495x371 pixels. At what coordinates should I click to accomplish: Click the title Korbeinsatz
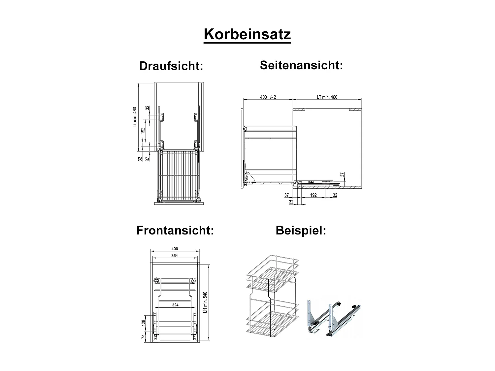click(x=247, y=35)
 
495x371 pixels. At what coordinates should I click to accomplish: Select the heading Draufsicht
click(x=171, y=66)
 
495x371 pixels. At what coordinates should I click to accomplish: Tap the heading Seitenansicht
click(x=301, y=65)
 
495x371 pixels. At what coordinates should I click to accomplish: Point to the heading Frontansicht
click(x=175, y=230)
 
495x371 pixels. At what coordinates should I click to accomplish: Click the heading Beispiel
click(x=301, y=230)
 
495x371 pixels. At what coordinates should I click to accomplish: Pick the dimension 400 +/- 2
click(x=268, y=97)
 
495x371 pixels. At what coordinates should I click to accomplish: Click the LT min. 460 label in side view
click(x=327, y=97)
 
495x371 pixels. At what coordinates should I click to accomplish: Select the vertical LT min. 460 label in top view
click(x=135, y=117)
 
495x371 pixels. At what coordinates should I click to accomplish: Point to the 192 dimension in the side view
click(x=313, y=195)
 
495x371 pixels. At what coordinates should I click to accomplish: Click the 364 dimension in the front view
click(x=175, y=256)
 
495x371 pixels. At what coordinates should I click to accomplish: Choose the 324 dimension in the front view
click(x=175, y=305)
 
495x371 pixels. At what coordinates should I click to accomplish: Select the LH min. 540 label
click(x=205, y=302)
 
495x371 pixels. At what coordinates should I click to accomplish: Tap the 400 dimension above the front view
click(x=175, y=249)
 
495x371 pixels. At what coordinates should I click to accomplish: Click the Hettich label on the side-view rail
click(x=311, y=181)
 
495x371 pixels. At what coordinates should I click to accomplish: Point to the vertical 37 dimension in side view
click(x=343, y=174)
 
